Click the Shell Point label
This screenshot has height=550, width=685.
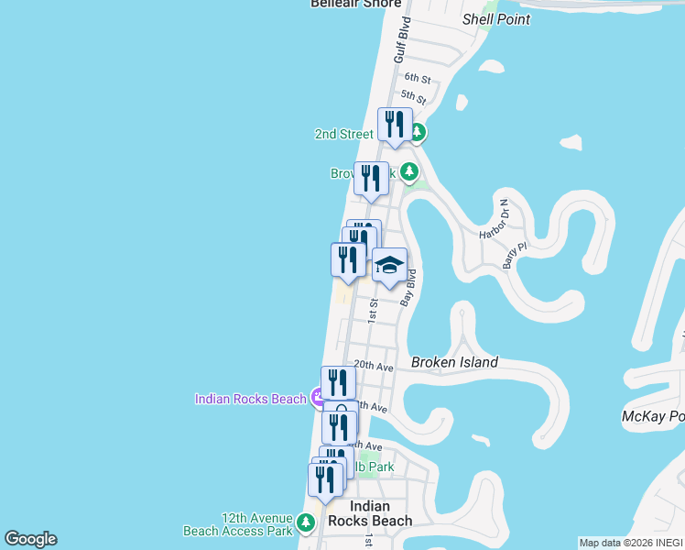coord(496,19)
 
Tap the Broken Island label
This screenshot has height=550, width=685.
coord(454,362)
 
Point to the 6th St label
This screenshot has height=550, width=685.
coord(417,79)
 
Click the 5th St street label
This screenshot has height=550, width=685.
coord(414,96)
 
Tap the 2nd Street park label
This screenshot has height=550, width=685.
coord(343,134)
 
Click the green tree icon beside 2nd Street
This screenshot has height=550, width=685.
coord(418,133)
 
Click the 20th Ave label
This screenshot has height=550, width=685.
coord(374,366)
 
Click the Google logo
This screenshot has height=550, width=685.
coord(30,539)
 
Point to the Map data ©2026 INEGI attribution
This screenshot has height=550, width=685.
coord(631,543)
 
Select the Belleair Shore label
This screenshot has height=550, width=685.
coord(356,4)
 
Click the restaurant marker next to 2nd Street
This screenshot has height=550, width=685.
coord(395,125)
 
